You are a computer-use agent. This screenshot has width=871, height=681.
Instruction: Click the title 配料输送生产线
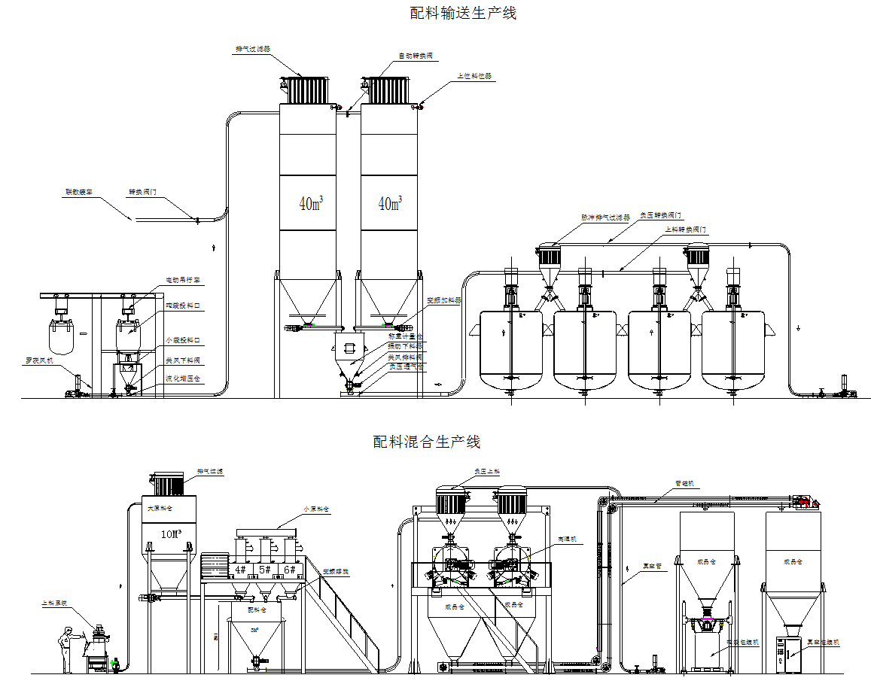point(463,13)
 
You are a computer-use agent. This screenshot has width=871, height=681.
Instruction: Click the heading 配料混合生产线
point(427,442)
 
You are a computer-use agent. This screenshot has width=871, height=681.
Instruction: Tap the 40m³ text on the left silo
point(310,203)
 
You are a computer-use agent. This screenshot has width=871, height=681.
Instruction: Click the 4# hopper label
point(241,570)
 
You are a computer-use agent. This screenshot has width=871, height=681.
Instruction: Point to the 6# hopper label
point(290,570)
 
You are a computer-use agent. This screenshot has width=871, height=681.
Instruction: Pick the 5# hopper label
point(265,570)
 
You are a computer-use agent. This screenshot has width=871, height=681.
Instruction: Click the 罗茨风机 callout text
point(38,360)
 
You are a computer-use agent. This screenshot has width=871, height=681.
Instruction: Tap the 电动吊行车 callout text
point(183,280)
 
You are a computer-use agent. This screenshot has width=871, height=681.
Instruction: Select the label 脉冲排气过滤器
point(605,217)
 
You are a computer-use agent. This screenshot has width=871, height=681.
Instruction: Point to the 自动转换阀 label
point(416,56)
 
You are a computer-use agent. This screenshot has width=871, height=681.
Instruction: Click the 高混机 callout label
point(566,539)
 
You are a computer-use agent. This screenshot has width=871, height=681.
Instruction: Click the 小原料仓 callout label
point(315,509)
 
